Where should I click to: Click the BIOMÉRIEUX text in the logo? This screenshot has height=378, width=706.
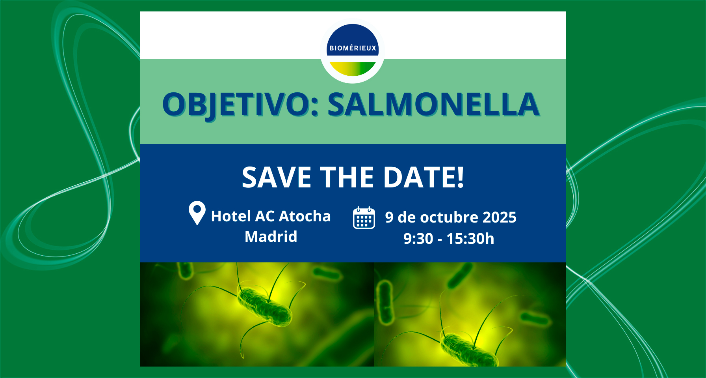pos(353,48)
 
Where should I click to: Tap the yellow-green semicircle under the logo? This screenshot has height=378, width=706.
pos(353,68)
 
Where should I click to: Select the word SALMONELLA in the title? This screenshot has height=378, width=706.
pos(433,105)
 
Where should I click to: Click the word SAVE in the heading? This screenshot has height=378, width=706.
pos(277,177)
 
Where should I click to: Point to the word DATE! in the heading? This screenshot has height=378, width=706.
pos(424,177)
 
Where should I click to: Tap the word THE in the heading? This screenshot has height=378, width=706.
pos(347,177)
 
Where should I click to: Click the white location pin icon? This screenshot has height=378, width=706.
pos(197,212)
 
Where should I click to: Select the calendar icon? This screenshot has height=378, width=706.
pos(364,218)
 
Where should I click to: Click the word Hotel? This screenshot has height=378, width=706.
pos(231,216)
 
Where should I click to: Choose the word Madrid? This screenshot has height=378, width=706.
pos(271,237)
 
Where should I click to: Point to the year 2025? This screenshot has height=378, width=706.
pos(500,217)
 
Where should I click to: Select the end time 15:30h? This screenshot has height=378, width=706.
pos(470,239)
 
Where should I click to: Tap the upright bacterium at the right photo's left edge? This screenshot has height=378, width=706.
pos(385,302)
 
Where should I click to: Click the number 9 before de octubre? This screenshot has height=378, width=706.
pos(389,217)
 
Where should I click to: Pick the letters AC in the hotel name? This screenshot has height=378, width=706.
pos(265,216)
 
